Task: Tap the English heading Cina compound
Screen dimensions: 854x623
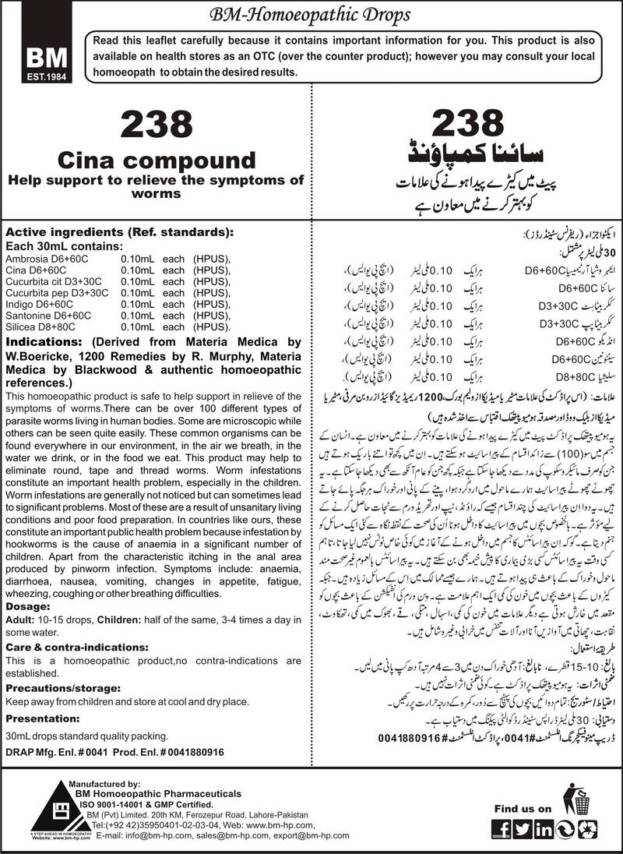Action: pos(153,161)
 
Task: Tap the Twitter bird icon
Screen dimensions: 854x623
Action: pos(523,830)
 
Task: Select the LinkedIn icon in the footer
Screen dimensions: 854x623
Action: pos(544,830)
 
